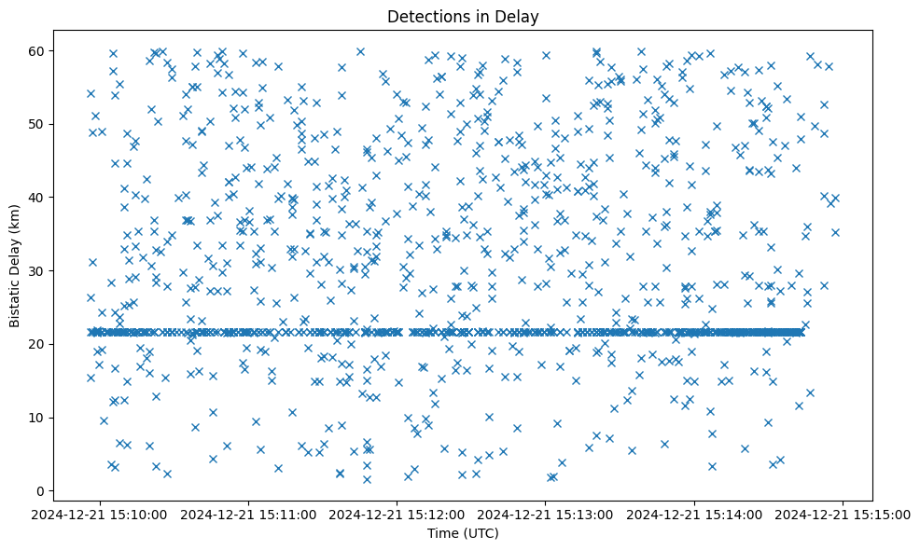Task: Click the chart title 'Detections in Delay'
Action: pos(463,16)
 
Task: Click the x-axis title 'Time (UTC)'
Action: pos(463,533)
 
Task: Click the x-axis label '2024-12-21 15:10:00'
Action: pos(101,514)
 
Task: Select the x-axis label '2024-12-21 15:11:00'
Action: pos(249,514)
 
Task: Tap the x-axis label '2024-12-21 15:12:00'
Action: pos(397,514)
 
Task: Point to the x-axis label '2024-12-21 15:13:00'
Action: pos(546,514)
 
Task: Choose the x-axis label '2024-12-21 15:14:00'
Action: pos(694,514)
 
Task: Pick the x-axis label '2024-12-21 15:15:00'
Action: pos(843,514)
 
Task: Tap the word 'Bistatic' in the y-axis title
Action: pos(16,301)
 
